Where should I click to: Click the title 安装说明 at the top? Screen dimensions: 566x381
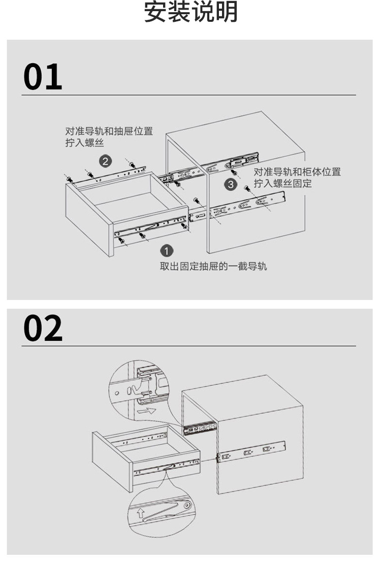tap(190, 12)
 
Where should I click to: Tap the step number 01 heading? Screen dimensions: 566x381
tap(43, 78)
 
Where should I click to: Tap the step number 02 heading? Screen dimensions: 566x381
tap(43, 328)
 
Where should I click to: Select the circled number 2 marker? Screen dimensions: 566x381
tap(105, 162)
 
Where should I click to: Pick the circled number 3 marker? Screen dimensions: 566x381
tap(231, 184)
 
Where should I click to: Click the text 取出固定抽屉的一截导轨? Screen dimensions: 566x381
tap(213, 266)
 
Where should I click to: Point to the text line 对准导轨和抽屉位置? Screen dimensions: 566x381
tap(109, 131)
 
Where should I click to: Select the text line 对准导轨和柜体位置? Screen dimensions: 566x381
tap(297, 172)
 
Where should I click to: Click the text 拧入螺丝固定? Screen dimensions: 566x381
tap(282, 183)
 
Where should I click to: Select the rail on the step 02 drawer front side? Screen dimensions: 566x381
tap(166, 467)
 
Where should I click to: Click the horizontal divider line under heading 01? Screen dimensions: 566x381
tap(188, 95)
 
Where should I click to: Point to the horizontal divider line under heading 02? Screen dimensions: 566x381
tap(188, 346)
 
